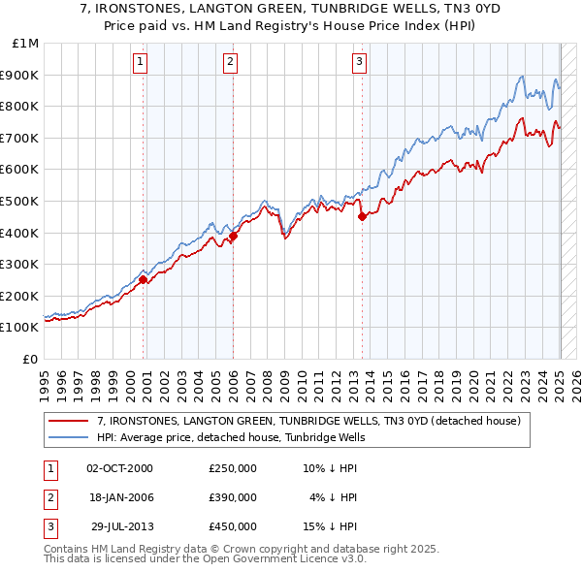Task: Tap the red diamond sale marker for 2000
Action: click(x=143, y=279)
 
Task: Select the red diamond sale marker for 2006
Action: click(x=233, y=235)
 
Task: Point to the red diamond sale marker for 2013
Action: click(x=362, y=216)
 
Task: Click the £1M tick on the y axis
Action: click(x=26, y=44)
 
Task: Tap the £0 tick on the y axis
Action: click(x=31, y=359)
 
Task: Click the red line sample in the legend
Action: click(x=70, y=421)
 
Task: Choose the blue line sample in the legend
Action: click(x=70, y=437)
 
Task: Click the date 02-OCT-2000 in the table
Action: click(x=120, y=468)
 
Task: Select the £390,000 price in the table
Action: click(x=233, y=497)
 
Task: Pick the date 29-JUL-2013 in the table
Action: click(x=120, y=526)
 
